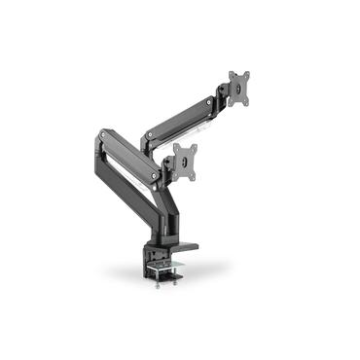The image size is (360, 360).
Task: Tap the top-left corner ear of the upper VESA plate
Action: [x=231, y=74]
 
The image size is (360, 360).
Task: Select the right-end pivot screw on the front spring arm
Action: [x=157, y=172]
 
